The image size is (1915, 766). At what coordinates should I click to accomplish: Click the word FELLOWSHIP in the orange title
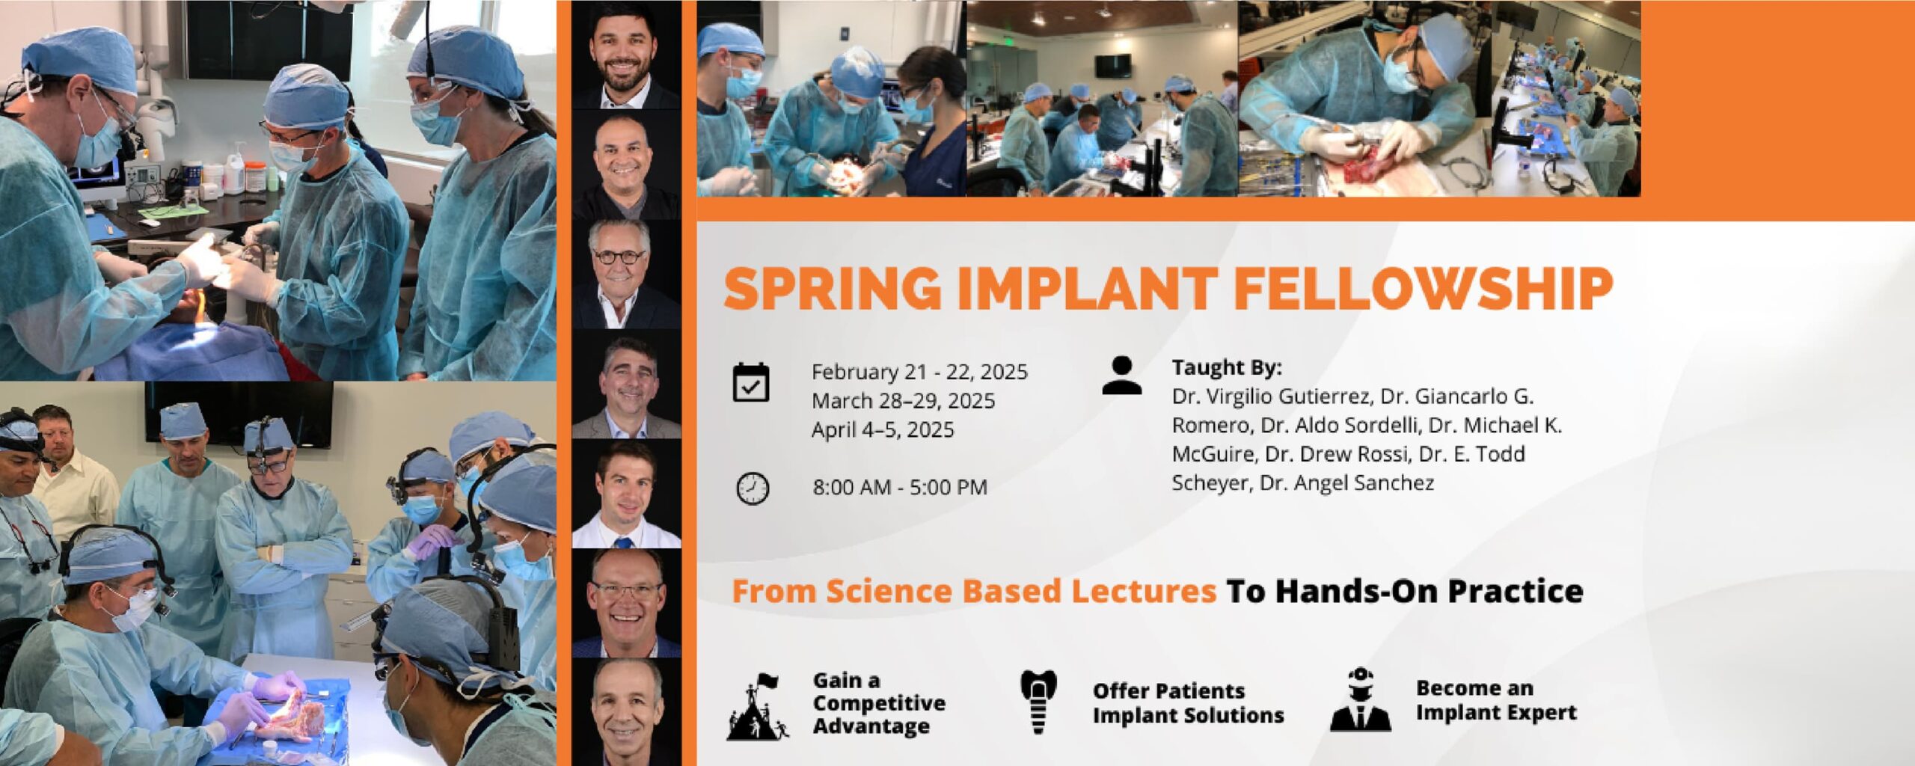1423,288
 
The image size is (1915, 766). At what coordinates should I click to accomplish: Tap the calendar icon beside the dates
751,382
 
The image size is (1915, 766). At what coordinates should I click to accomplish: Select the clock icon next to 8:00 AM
753,489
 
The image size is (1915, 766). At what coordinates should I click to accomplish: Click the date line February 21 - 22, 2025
919,372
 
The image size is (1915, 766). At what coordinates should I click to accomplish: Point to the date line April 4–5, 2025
883,430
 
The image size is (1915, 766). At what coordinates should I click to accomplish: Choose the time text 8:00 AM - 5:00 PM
900,488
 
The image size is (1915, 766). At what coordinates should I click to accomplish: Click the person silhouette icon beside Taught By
1121,376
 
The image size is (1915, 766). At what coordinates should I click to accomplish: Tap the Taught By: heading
1227,367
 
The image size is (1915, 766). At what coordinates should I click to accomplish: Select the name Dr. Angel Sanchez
1346,483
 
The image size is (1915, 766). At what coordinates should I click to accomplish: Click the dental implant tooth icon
1038,702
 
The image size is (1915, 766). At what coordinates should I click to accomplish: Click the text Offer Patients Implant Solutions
1188,703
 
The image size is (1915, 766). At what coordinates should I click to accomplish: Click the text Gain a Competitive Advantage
879,703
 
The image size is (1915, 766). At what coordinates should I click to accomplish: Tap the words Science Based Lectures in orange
1021,591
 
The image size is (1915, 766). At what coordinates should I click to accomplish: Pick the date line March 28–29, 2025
903,401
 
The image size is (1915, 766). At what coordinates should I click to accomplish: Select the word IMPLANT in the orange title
1087,288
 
